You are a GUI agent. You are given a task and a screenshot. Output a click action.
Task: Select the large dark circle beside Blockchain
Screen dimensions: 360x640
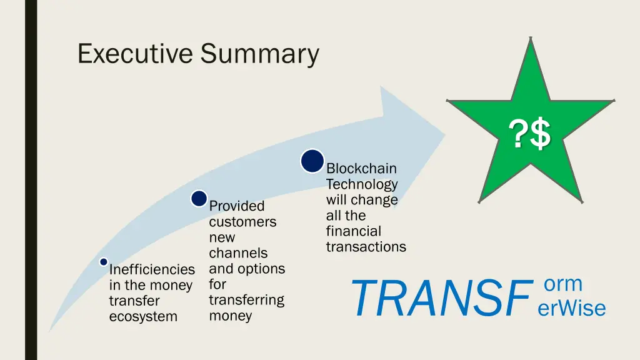click(312, 161)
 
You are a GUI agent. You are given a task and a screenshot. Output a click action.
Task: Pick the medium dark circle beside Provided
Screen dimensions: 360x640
click(199, 199)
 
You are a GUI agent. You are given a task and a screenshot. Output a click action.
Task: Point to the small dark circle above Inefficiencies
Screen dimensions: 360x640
click(104, 262)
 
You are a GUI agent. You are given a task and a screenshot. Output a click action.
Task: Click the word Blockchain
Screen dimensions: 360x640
click(361, 169)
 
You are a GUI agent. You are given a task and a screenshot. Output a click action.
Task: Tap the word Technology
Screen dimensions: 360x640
click(361, 184)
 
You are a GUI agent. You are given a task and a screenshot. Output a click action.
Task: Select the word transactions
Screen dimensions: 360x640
click(366, 247)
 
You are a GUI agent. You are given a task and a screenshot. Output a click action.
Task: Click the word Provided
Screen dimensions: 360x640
click(237, 206)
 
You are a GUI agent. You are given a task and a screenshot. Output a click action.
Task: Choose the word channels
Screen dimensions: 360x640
click(238, 253)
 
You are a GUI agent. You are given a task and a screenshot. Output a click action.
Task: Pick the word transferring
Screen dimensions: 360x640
click(246, 300)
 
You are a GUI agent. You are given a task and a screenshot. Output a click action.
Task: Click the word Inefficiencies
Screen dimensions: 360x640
click(152, 270)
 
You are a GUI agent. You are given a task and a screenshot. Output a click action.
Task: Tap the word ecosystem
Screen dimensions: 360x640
click(143, 317)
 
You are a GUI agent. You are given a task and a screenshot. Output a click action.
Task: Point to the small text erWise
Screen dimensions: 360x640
click(571, 308)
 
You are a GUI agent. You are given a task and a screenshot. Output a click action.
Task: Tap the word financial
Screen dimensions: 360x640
click(353, 231)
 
